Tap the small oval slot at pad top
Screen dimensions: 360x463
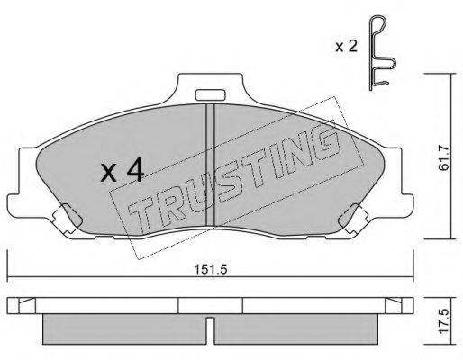208,93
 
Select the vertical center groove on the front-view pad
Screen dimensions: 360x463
208,171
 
